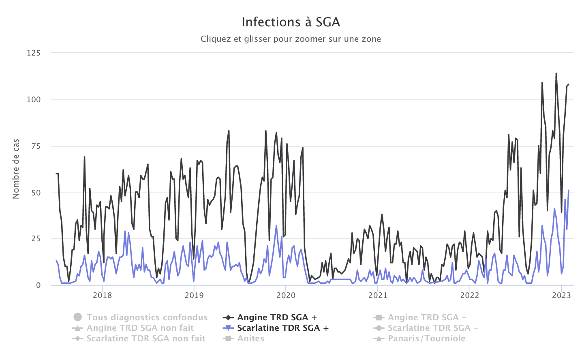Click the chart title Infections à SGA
[291, 22]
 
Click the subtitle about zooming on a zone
[291, 39]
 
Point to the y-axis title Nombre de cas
[16, 169]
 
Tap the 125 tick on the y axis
[34, 53]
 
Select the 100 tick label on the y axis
[34, 100]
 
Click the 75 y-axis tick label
[36, 146]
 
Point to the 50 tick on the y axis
[36, 193]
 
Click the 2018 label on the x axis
[102, 296]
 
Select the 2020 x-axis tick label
[286, 296]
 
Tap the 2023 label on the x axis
[561, 296]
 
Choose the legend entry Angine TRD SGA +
[277, 317]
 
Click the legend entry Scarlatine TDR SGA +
[283, 328]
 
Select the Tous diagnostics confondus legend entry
[147, 317]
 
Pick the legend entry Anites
[250, 339]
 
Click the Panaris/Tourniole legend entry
[426, 339]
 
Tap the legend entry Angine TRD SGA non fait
[140, 328]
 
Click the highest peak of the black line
[556, 73]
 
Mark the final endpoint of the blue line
[569, 190]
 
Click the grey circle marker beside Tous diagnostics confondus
[78, 317]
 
